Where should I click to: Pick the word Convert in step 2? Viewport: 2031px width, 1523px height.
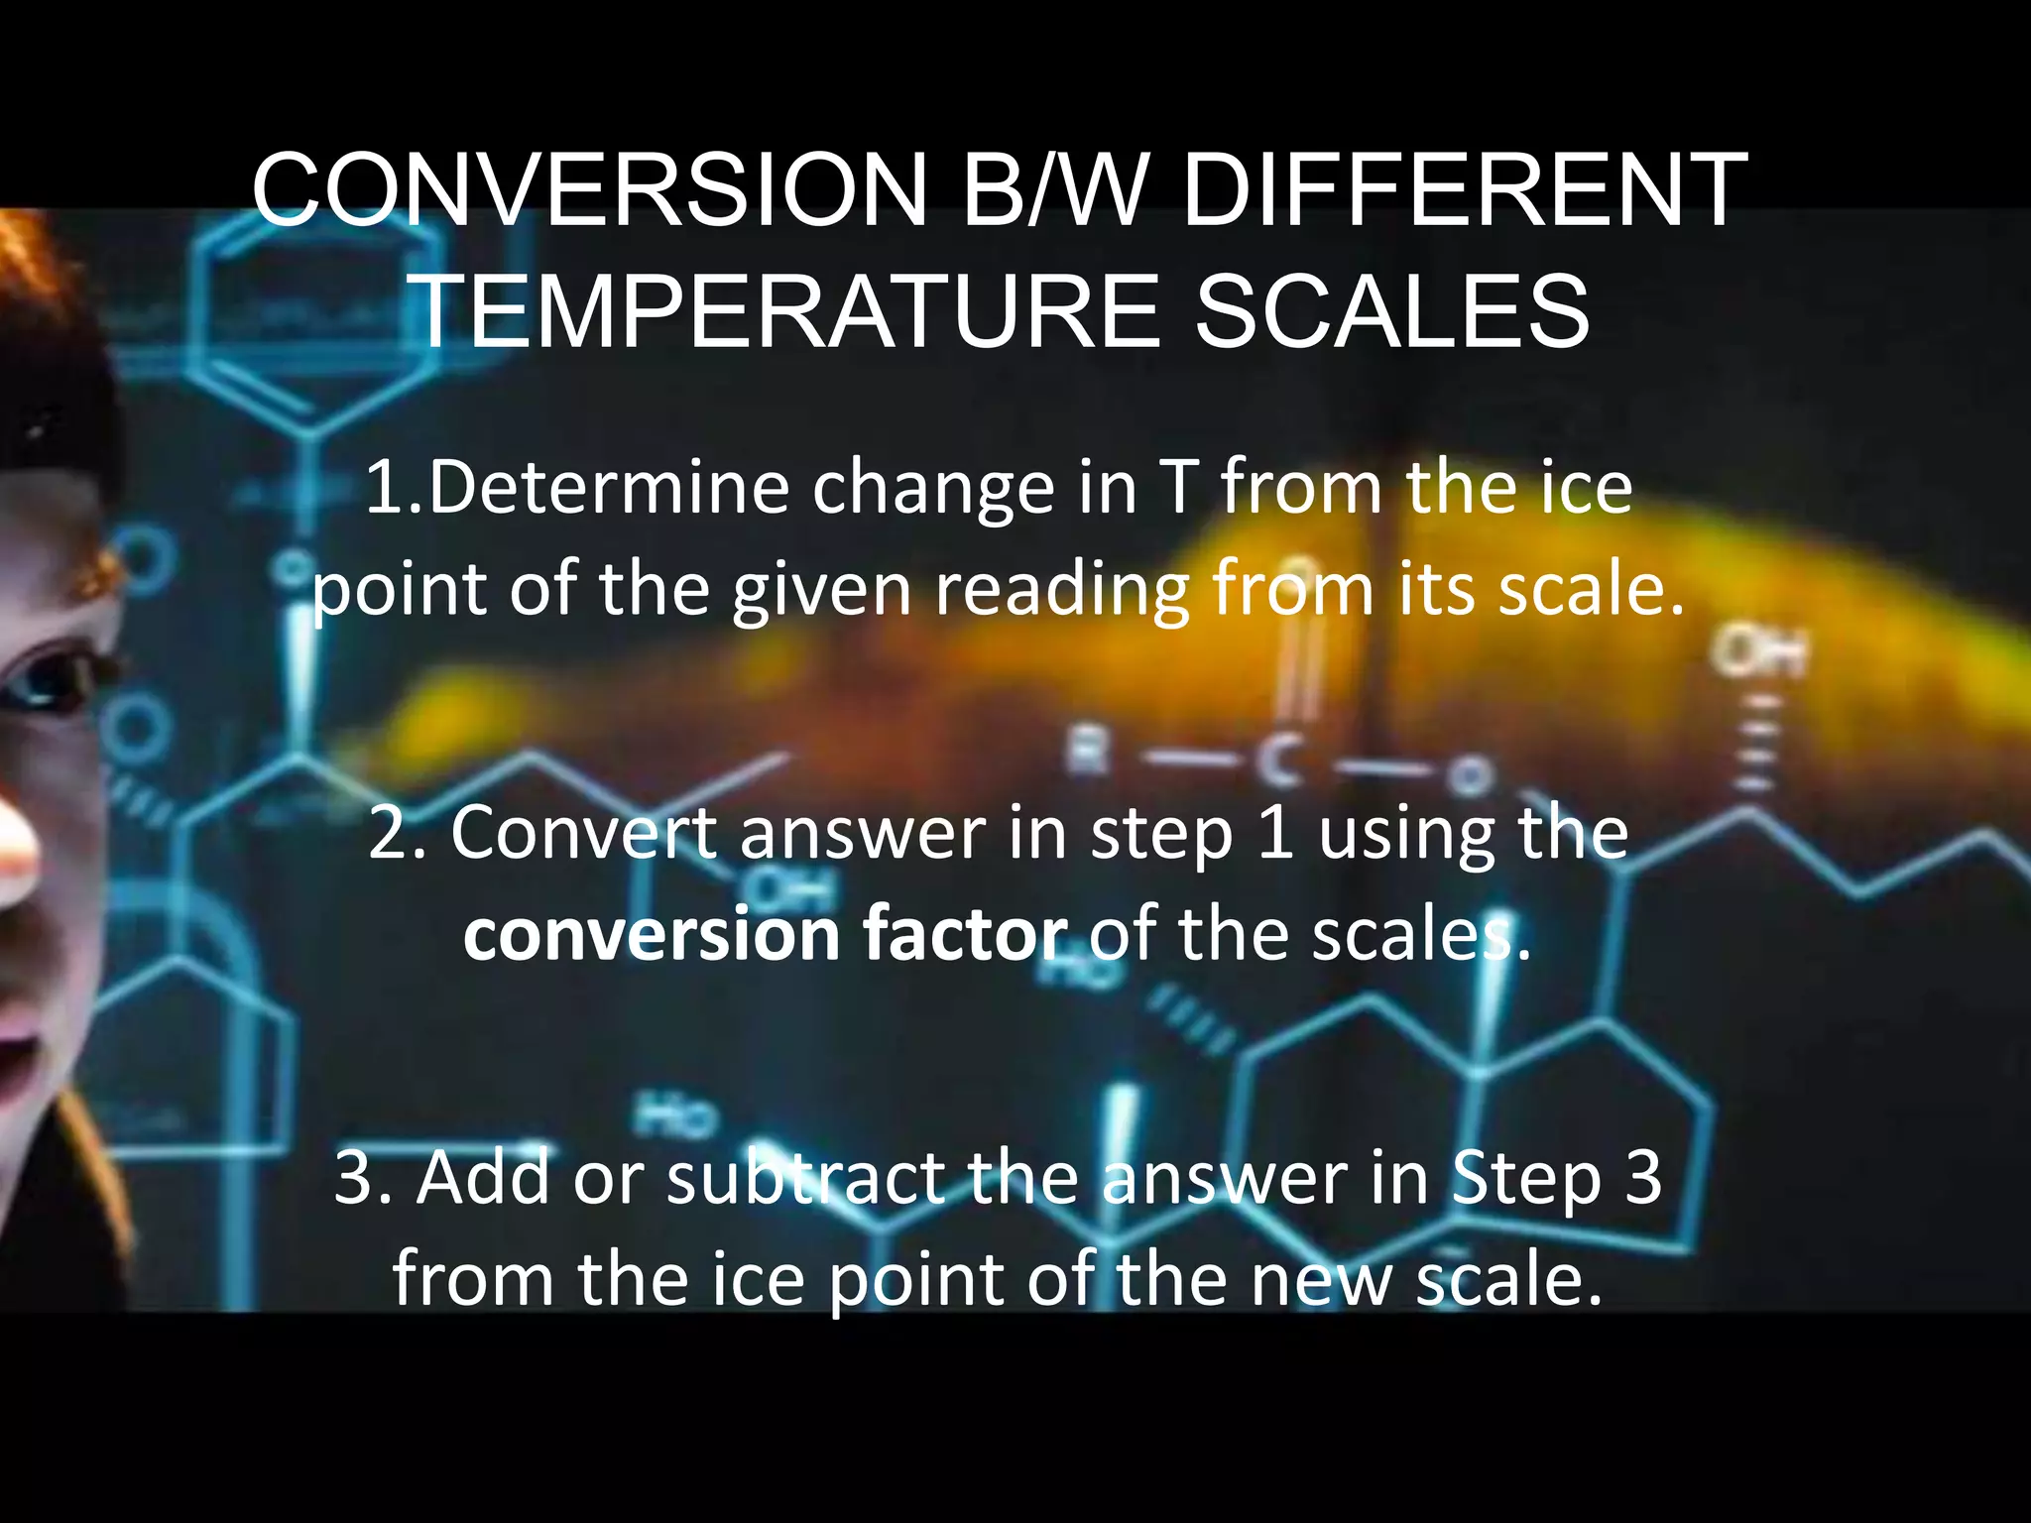point(583,833)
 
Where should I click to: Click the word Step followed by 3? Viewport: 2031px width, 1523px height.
point(1526,1180)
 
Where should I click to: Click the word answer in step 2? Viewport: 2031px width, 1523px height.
point(862,833)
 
